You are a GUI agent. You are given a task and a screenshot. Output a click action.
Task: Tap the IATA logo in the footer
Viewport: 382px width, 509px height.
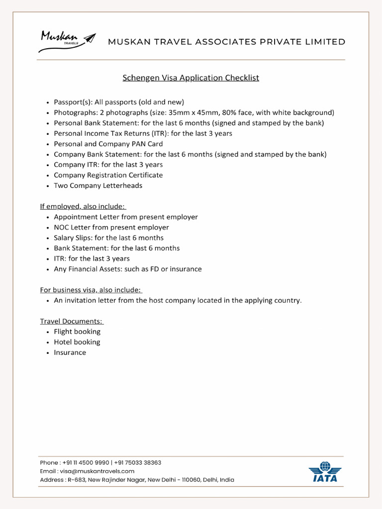pos(325,472)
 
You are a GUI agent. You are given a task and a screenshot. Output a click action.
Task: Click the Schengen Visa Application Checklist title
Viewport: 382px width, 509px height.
pos(191,78)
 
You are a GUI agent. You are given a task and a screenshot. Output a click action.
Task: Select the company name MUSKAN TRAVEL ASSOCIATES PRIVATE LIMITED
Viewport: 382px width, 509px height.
pos(226,42)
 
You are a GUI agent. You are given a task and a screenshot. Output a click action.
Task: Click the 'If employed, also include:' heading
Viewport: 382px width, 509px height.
pos(83,206)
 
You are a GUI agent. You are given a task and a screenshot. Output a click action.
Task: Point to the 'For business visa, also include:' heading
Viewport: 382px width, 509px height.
pos(91,290)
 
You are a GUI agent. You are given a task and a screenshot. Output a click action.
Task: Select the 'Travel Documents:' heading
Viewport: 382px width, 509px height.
pos(72,321)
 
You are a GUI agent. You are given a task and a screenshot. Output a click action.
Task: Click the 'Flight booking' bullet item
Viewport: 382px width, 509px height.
pos(77,332)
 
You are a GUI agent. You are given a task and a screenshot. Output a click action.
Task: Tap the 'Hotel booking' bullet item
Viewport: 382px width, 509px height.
pos(77,342)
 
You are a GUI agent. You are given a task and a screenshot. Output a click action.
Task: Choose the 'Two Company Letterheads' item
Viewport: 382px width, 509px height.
pos(98,185)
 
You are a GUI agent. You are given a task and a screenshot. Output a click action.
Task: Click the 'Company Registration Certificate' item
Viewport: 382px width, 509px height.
pos(108,175)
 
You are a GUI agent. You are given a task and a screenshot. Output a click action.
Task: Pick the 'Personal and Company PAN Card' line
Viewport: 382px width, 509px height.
pos(108,144)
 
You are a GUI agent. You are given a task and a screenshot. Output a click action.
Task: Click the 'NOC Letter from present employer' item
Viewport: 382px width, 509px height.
pos(111,227)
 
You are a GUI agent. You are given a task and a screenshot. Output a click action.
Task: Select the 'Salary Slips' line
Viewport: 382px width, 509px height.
pos(108,238)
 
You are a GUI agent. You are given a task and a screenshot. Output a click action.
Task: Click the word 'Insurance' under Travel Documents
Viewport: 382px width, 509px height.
pos(70,352)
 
